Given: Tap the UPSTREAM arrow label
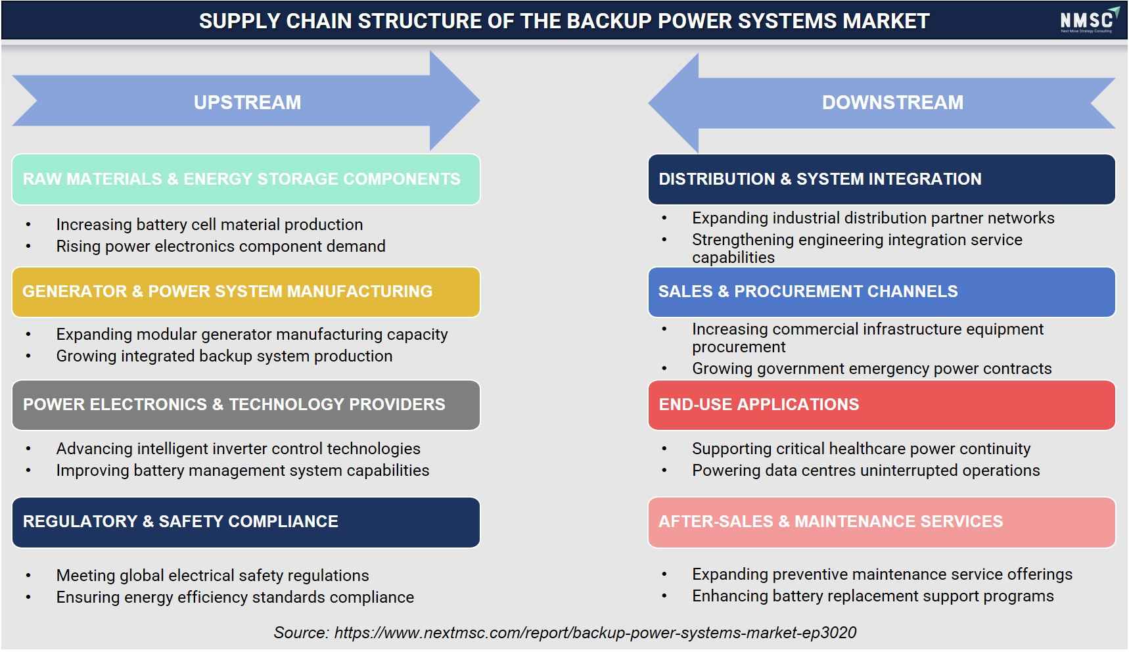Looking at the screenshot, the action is (x=247, y=103).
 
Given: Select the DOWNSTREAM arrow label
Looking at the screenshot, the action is (x=892, y=103).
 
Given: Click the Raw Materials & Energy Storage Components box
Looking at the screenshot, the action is (x=246, y=179).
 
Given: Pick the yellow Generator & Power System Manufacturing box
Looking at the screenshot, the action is (x=246, y=292).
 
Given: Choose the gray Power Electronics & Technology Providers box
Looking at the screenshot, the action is (x=246, y=405).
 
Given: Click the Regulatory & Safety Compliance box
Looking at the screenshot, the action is (x=246, y=522).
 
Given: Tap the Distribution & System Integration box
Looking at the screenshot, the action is (x=881, y=179).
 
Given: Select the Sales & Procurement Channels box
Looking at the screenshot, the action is (x=881, y=292).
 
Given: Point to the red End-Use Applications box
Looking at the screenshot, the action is (x=881, y=405).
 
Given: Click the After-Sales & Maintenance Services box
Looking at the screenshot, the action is (x=881, y=522).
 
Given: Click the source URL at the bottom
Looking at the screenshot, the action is (x=595, y=633).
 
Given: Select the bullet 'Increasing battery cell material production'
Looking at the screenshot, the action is (x=209, y=225).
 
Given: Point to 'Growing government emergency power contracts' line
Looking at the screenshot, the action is (x=871, y=369).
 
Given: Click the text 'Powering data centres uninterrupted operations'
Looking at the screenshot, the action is (x=865, y=471).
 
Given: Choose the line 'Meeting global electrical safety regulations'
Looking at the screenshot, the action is (x=212, y=576).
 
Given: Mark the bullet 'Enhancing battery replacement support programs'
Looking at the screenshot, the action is (x=873, y=596).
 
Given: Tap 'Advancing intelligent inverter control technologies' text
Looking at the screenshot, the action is (x=238, y=449).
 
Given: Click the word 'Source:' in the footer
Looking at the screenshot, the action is (x=301, y=633).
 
